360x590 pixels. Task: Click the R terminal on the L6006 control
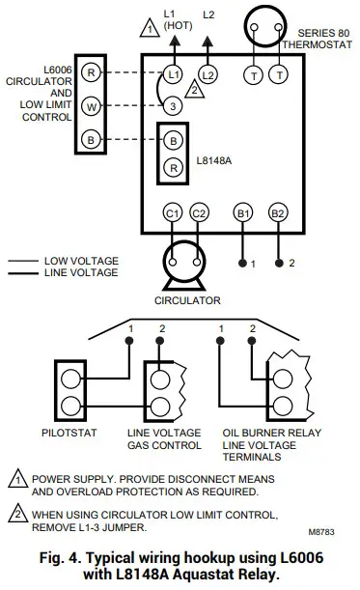click(x=90, y=73)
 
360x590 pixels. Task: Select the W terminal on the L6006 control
click(x=90, y=105)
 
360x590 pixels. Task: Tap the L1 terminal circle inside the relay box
click(x=173, y=73)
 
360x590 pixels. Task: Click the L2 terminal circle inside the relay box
click(x=209, y=73)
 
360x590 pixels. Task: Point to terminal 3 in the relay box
click(x=172, y=105)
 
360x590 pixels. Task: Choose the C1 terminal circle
click(x=173, y=212)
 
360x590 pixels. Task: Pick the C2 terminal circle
click(x=200, y=212)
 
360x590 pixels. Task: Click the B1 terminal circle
click(x=243, y=212)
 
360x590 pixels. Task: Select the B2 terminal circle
click(x=278, y=212)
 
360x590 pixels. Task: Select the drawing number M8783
click(x=326, y=530)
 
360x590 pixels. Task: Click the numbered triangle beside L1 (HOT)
click(x=148, y=27)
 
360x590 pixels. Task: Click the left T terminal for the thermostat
click(x=255, y=73)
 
